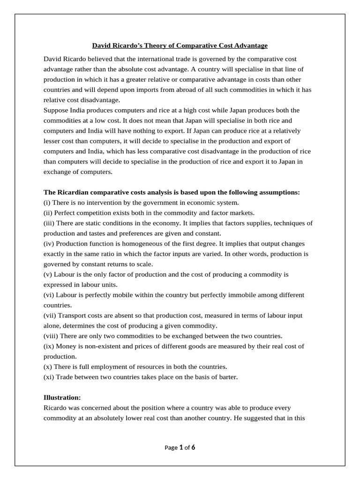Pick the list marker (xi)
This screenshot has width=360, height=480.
point(49,376)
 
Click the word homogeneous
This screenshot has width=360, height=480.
point(150,244)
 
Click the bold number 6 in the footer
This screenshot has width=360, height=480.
point(193,447)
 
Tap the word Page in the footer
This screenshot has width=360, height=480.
point(172,448)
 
